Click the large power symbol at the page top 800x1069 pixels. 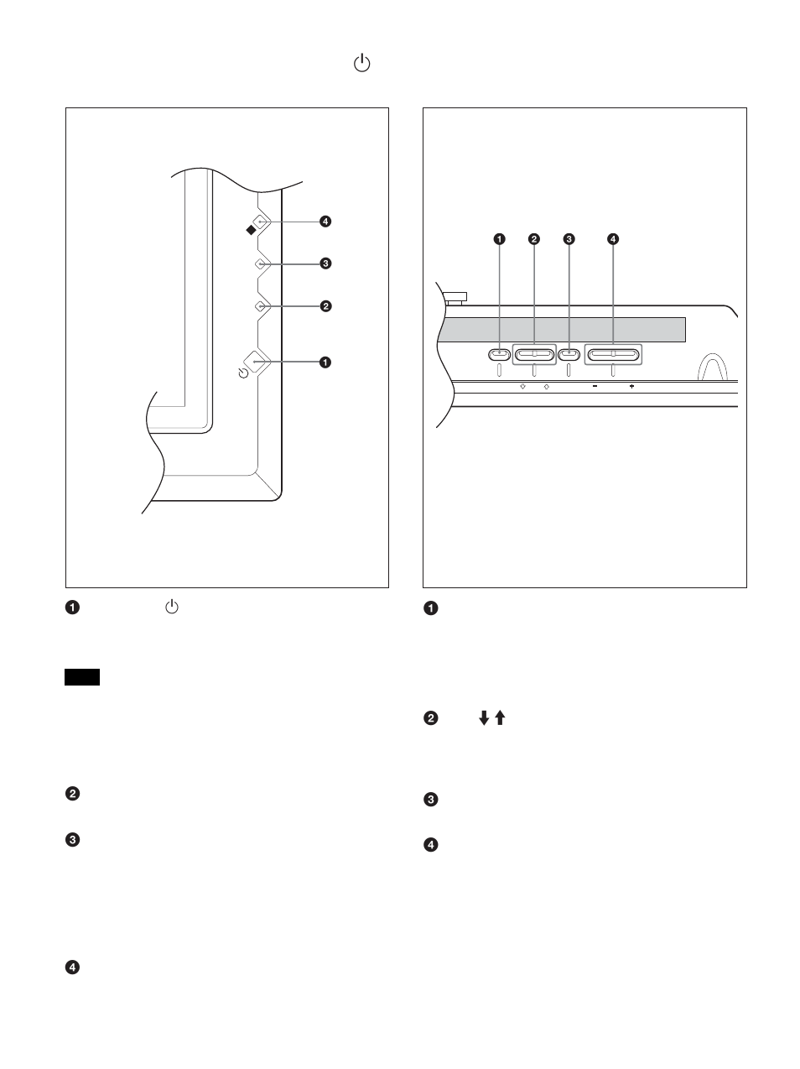click(x=361, y=64)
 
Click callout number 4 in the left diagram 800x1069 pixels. click(x=325, y=222)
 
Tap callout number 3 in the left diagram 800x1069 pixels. click(x=325, y=263)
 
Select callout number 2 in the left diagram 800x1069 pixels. click(x=325, y=306)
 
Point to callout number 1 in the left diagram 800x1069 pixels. click(x=325, y=362)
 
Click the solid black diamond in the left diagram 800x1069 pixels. click(x=250, y=227)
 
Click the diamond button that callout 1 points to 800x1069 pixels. click(x=257, y=362)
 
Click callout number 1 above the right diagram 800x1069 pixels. click(x=499, y=239)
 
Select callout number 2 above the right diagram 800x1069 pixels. click(x=534, y=239)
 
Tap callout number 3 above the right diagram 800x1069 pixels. click(x=569, y=239)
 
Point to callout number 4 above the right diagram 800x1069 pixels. click(x=613, y=239)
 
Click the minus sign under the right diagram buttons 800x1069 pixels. click(x=594, y=387)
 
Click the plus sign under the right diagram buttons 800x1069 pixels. click(x=631, y=387)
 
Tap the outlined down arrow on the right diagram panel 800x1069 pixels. click(x=522, y=387)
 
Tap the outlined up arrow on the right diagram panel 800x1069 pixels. click(x=546, y=387)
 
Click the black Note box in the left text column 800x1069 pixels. click(x=82, y=677)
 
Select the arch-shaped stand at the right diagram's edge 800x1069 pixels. click(x=712, y=368)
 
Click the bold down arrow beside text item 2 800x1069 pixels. click(x=484, y=718)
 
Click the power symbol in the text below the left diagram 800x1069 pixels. click(x=171, y=608)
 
